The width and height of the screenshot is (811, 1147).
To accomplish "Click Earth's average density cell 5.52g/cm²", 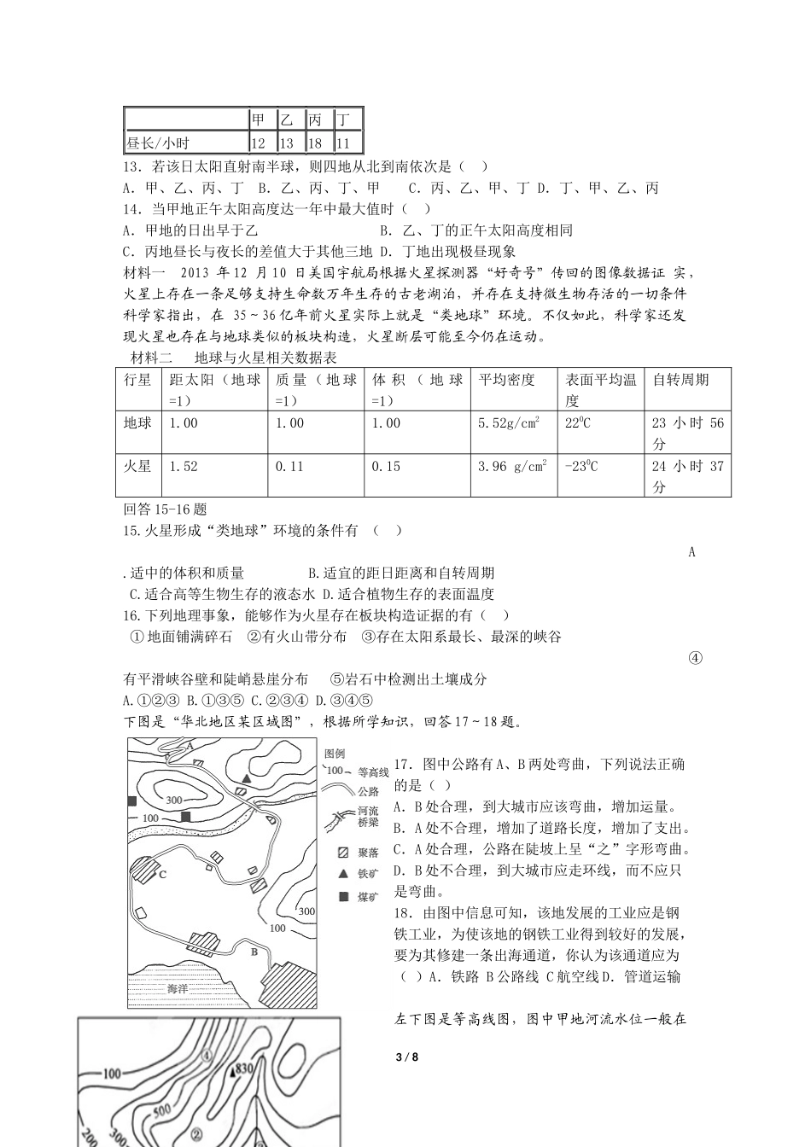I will click(509, 423).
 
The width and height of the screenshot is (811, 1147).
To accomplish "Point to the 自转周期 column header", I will click(680, 380).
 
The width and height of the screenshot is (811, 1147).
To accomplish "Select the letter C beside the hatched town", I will click(161, 874).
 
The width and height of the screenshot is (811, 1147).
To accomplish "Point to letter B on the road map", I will click(254, 950).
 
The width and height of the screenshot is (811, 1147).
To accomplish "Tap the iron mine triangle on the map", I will click(246, 778).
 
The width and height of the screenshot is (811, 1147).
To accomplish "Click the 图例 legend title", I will click(334, 754).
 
